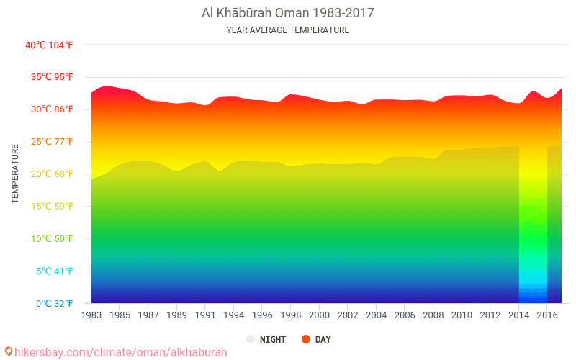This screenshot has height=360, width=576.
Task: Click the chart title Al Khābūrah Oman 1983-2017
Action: pos(287,13)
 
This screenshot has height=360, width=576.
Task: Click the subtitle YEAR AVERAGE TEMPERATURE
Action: pos(287,30)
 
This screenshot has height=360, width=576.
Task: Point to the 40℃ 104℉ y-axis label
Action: pos(49,45)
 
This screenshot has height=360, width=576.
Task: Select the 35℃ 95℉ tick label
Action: pos(49,77)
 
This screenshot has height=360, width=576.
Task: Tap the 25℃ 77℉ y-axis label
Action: pos(49,142)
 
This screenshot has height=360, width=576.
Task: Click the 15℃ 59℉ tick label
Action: pos(49,207)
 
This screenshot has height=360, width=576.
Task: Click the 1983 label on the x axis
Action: pos(91,315)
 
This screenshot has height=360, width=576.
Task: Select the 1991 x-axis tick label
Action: pos(205,315)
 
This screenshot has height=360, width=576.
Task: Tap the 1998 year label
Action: pos(291,315)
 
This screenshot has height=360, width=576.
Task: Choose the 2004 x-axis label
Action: pos(377,315)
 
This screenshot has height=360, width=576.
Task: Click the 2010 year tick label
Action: pos(462,315)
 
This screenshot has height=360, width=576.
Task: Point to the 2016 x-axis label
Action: pos(547,315)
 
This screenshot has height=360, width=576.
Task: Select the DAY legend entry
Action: pos(323,339)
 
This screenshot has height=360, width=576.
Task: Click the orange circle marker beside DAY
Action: pos(306,339)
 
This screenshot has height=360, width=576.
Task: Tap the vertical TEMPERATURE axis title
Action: pos(15,174)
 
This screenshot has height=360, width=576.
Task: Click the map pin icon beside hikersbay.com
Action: pos(9,352)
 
